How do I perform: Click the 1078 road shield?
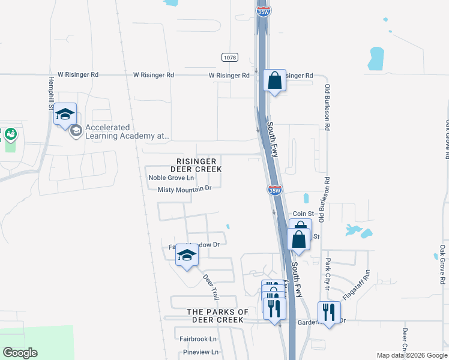click(x=229, y=57)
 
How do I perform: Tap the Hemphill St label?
click(x=50, y=92)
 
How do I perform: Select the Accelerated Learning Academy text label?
click(x=127, y=131)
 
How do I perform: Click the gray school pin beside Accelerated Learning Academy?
click(x=76, y=130)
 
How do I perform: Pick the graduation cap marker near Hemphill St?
click(x=65, y=115)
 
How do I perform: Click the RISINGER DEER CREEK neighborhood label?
click(x=199, y=165)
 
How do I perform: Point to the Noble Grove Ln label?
click(x=171, y=178)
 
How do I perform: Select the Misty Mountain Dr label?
click(x=185, y=188)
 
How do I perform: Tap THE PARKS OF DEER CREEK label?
click(x=217, y=316)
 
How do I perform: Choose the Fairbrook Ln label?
click(x=197, y=338)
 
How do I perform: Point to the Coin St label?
click(x=303, y=214)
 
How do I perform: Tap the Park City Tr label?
click(x=328, y=274)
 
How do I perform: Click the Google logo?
click(x=20, y=353)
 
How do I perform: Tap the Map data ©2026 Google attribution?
click(x=411, y=355)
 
